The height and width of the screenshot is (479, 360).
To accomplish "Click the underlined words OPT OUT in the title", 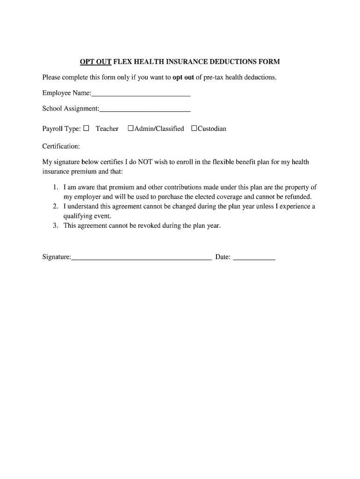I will tap(95, 62).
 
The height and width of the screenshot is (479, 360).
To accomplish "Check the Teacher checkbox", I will tap(86, 128).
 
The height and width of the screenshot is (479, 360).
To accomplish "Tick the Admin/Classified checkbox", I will tap(131, 128).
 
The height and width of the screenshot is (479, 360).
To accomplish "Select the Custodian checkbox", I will tap(194, 128).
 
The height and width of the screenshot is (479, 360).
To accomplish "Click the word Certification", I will tap(61, 146).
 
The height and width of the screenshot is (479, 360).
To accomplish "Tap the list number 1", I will tap(55, 187).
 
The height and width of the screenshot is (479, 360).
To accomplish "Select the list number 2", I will tap(55, 206).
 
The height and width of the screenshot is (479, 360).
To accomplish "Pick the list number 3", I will tap(55, 225).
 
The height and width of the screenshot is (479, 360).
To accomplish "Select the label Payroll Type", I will tap(61, 129).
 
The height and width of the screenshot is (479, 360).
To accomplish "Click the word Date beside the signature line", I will tap(223, 257).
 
